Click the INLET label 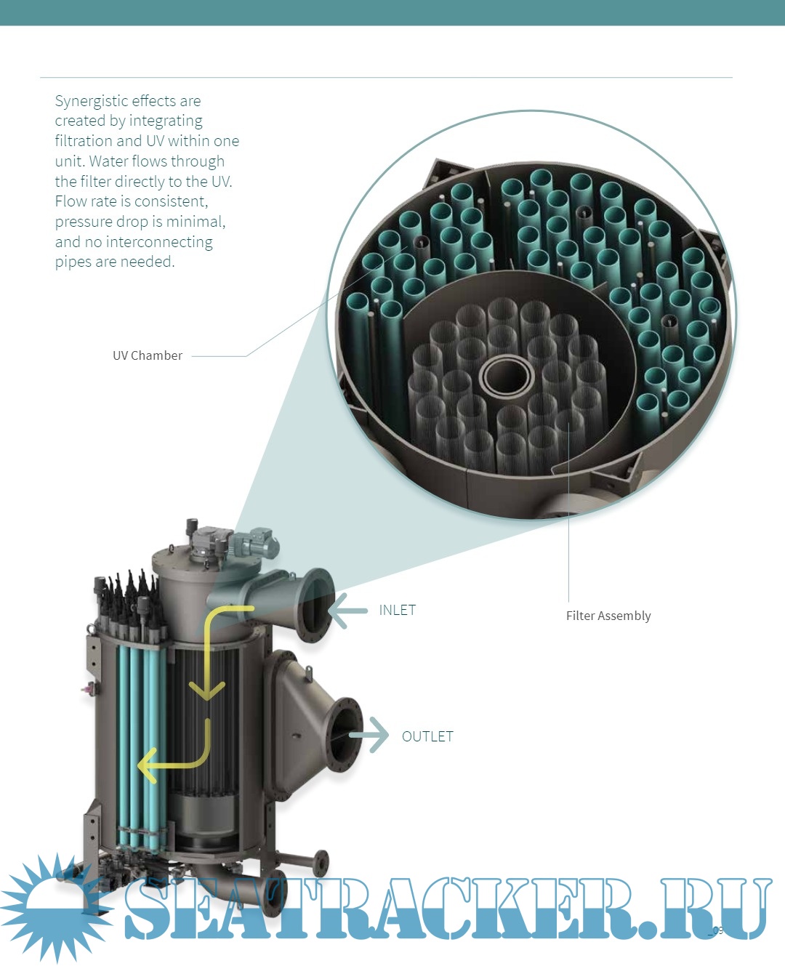click(397, 610)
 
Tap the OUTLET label click(427, 736)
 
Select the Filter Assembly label click(608, 616)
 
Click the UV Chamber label click(148, 355)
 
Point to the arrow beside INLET click(348, 611)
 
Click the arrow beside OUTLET click(371, 735)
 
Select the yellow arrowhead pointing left click(148, 765)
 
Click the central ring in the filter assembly click(507, 376)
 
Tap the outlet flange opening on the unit click(345, 735)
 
